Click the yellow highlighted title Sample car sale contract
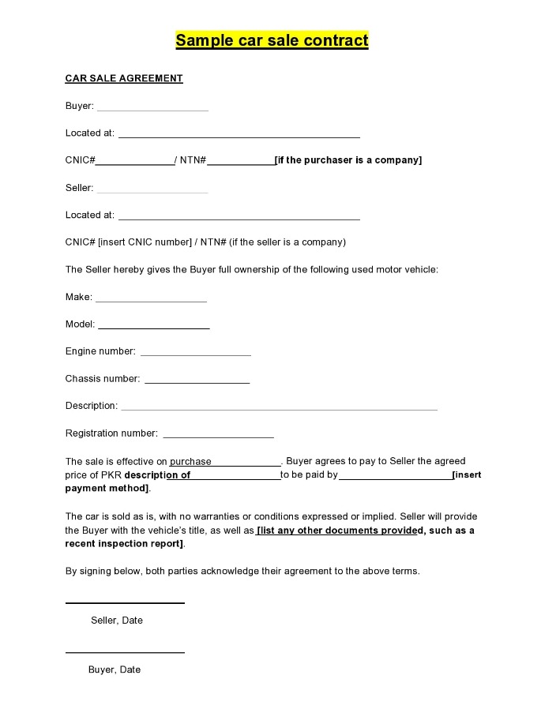click(272, 40)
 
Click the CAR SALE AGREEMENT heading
click(124, 78)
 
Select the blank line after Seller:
click(152, 191)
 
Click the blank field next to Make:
click(151, 300)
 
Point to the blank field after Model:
click(154, 327)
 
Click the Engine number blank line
click(196, 354)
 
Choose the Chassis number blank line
click(197, 382)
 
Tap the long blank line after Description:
click(279, 409)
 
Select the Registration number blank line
click(218, 437)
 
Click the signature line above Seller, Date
click(125, 603)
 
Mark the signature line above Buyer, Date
click(125, 652)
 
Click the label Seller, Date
click(117, 621)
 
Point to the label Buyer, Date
click(115, 669)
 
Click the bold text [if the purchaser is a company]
click(348, 160)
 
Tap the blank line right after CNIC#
click(135, 163)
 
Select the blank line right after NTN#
click(240, 163)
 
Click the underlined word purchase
click(190, 462)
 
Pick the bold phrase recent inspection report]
click(124, 544)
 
